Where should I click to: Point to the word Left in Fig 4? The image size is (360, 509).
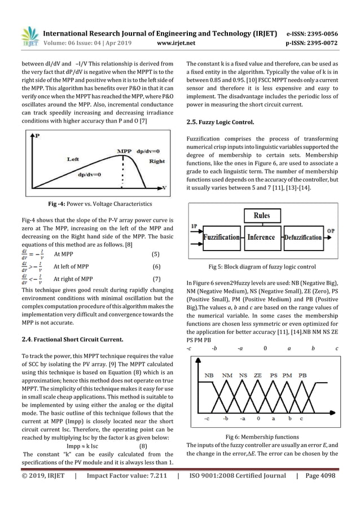tap(73, 160)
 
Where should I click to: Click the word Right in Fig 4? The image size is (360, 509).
tap(156, 161)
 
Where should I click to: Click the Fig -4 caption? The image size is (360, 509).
tap(95, 203)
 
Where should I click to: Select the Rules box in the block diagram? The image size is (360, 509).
tap(261, 216)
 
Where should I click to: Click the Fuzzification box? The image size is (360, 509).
tap(222, 237)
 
